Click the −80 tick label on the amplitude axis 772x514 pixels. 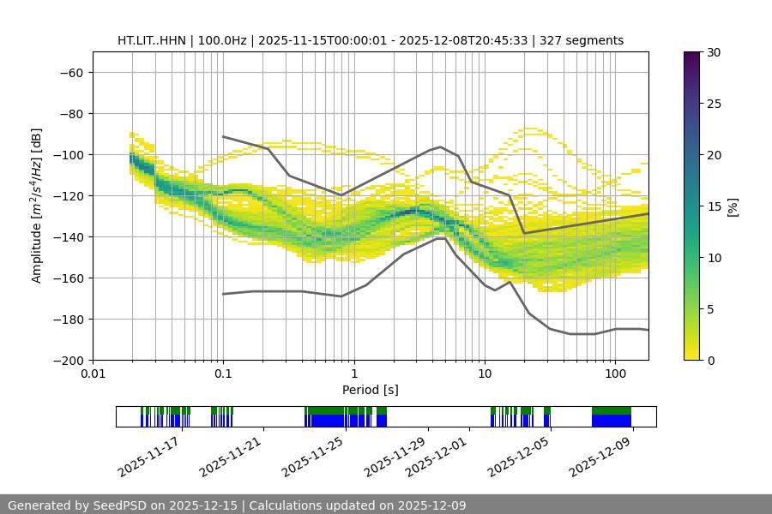pyautogui.click(x=69, y=113)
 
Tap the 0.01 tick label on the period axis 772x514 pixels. pyautogui.click(x=93, y=374)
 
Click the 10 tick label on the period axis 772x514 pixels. pyautogui.click(x=485, y=374)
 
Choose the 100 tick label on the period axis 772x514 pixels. pyautogui.click(x=615, y=374)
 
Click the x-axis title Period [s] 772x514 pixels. pyautogui.click(x=371, y=390)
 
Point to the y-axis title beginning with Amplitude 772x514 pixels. pyautogui.click(x=37, y=206)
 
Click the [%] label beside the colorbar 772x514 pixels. pyautogui.click(x=732, y=206)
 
